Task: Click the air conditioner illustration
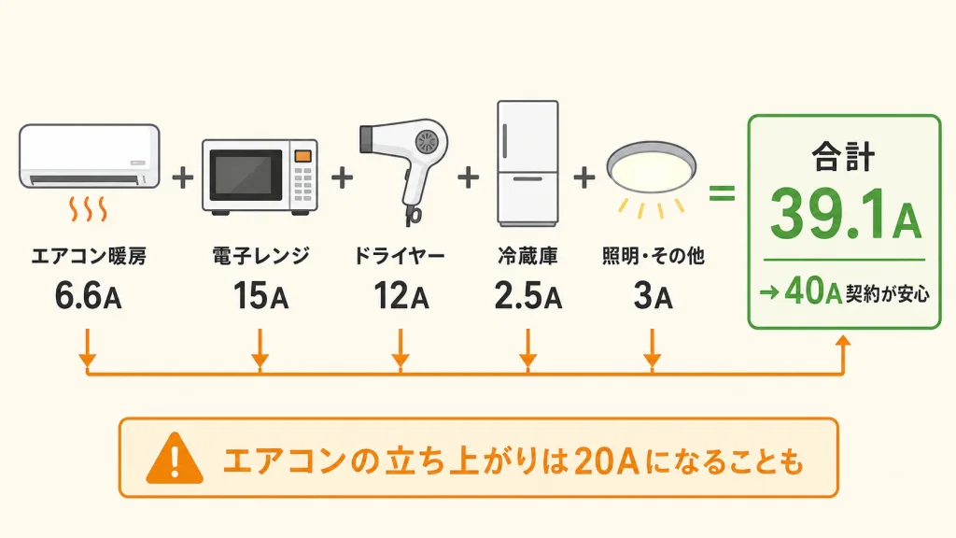click(89, 156)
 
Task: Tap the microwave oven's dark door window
click(246, 175)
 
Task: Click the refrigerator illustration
click(527, 163)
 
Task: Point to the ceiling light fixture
click(651, 168)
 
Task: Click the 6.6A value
click(89, 296)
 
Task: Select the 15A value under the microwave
click(260, 296)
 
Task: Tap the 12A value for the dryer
click(401, 296)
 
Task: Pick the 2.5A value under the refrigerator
click(527, 296)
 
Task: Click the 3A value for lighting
click(653, 296)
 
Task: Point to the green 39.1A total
click(844, 215)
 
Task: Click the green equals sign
click(722, 194)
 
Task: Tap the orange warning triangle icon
click(175, 458)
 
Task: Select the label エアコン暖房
click(89, 256)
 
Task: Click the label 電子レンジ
click(261, 256)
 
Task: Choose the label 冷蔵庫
click(528, 256)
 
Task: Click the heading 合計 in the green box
click(844, 157)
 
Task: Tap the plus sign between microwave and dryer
click(342, 177)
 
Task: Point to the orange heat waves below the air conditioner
click(89, 208)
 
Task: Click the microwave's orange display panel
click(303, 156)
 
